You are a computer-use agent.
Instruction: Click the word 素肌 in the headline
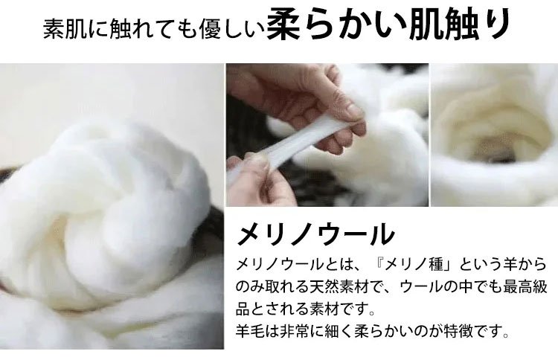coord(65,28)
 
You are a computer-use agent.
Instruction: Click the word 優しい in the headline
coord(232,28)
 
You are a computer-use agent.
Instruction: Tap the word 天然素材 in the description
coord(332,286)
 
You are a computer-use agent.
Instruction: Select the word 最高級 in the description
coord(525,286)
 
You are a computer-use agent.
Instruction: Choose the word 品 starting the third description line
coord(243,309)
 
